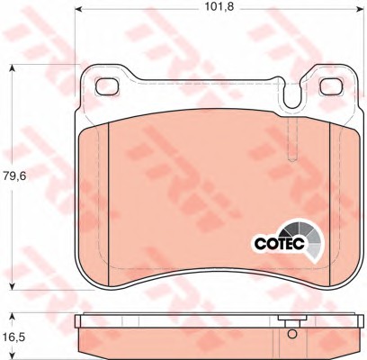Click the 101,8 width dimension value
[x=219, y=7]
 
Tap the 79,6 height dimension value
[x=15, y=176]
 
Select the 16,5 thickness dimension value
[x=14, y=337]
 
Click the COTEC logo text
[x=280, y=243]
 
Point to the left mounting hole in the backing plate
[x=107, y=86]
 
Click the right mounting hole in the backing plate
[x=332, y=86]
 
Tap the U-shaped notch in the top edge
[x=291, y=94]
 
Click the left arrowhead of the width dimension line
[x=78, y=10]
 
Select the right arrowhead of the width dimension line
[x=363, y=10]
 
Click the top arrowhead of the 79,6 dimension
[x=12, y=67]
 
